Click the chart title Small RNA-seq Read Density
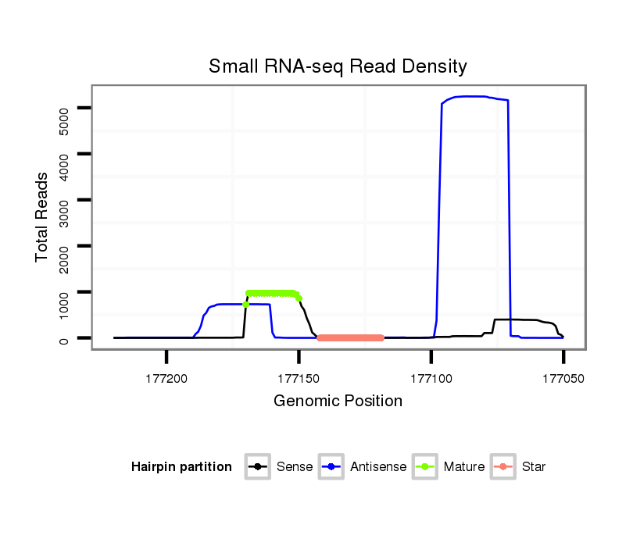click(x=338, y=66)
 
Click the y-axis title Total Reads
click(x=43, y=217)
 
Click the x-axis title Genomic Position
click(x=338, y=402)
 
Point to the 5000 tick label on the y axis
click(x=65, y=108)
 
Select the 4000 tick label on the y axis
click(x=65, y=154)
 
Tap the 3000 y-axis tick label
click(x=65, y=200)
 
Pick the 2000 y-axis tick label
click(x=65, y=246)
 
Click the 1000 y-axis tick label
click(x=65, y=292)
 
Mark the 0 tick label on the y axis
click(x=65, y=338)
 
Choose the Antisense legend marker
click(x=331, y=467)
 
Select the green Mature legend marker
click(x=424, y=467)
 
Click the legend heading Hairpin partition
click(x=181, y=467)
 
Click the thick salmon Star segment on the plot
click(x=350, y=337)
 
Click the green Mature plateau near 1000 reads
click(x=272, y=293)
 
